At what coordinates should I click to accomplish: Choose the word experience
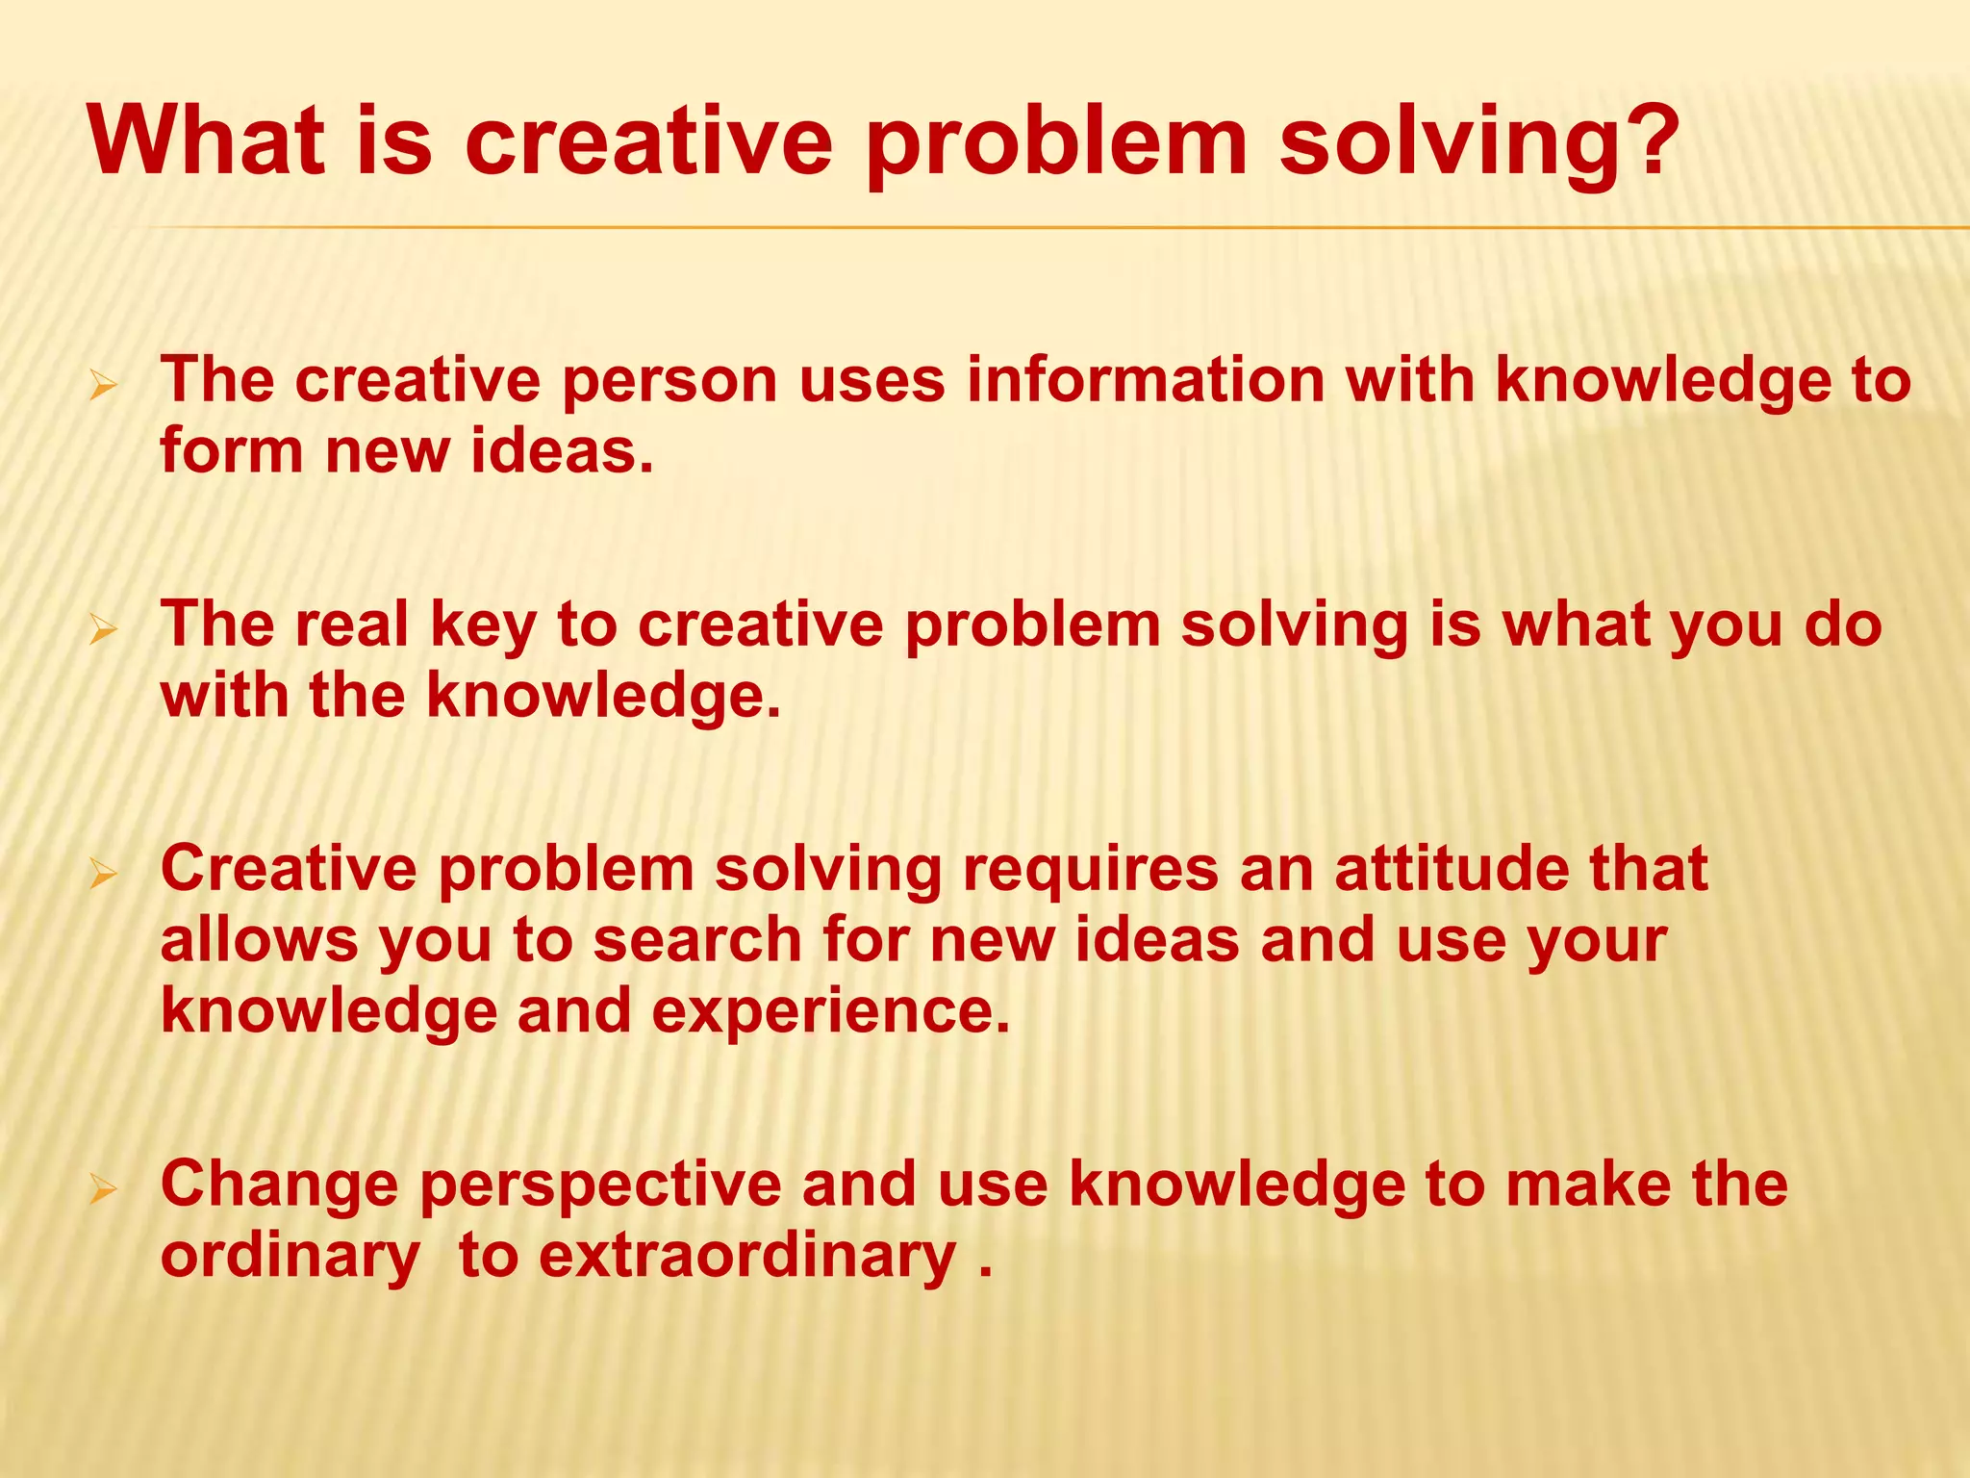point(831,1013)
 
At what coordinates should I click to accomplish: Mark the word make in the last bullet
point(1588,1184)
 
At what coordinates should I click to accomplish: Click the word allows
point(259,940)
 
